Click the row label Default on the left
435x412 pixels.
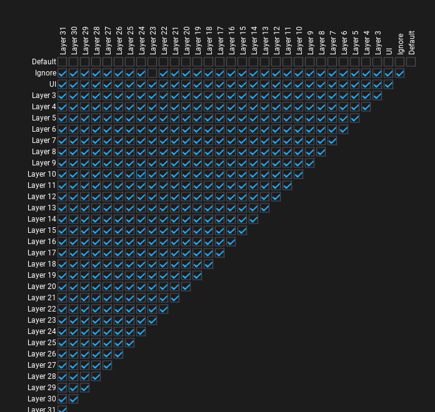[x=44, y=62]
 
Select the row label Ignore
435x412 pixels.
[x=46, y=73]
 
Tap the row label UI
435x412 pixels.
[x=52, y=84]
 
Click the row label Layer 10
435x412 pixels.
[x=41, y=174]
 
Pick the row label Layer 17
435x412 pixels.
[x=41, y=253]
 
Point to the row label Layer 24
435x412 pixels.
[x=41, y=331]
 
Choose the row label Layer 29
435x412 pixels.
[x=41, y=388]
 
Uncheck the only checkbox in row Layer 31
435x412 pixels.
[x=62, y=410]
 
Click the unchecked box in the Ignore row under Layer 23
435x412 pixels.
[x=152, y=73]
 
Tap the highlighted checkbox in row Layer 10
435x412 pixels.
[x=141, y=174]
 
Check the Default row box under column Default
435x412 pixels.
[x=411, y=62]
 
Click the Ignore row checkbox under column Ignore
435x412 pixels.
[x=400, y=73]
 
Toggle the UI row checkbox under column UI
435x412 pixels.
[x=389, y=84]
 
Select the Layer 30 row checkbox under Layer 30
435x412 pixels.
[x=74, y=399]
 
